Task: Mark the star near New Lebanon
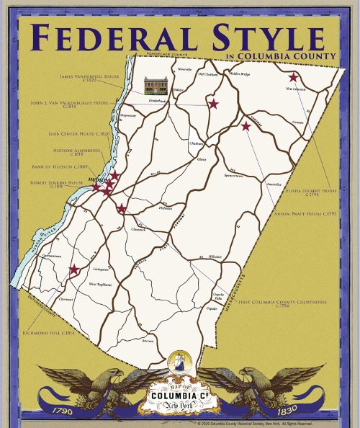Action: click(x=293, y=77)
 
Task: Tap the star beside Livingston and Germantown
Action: click(x=73, y=270)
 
